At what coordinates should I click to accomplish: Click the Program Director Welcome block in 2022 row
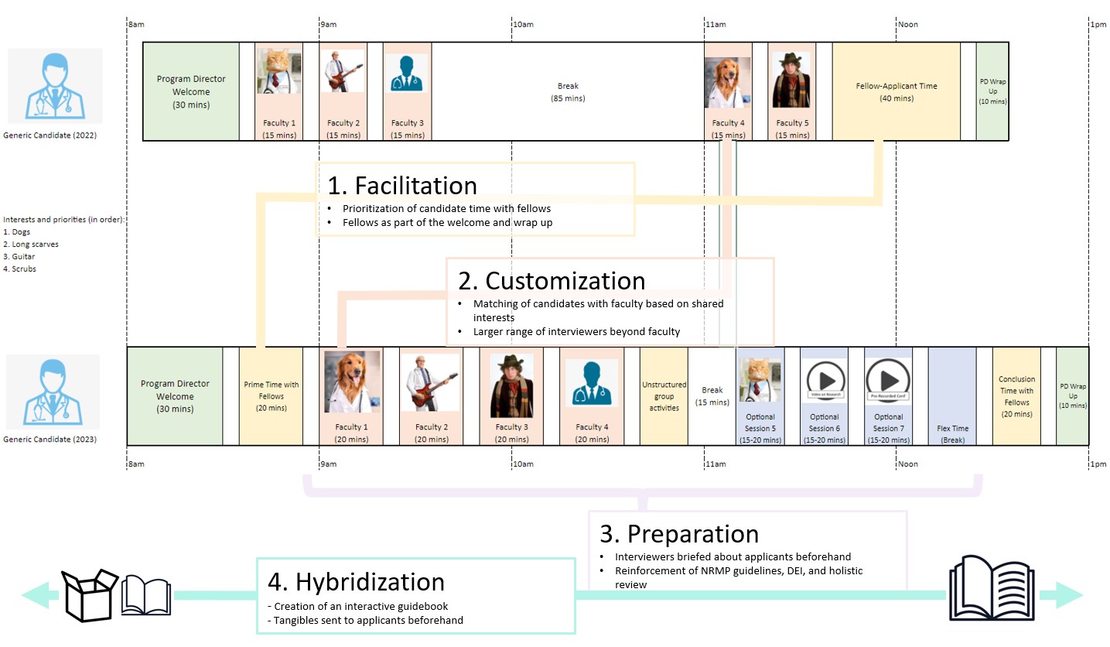(191, 91)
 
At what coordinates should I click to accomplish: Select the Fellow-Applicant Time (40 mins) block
(896, 91)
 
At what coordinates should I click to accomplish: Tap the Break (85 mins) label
(568, 92)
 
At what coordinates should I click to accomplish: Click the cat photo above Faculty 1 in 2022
(278, 71)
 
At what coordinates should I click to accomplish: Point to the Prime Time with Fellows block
(271, 396)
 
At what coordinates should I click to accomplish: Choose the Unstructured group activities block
(663, 396)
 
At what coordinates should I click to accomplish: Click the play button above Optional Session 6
(824, 379)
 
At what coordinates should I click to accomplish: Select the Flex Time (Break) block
(951, 396)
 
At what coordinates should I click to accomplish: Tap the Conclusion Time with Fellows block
(1016, 396)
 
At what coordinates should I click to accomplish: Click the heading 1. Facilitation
(402, 186)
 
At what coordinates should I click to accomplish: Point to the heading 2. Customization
(552, 280)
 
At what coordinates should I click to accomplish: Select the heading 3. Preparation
(679, 534)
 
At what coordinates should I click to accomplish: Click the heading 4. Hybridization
(356, 582)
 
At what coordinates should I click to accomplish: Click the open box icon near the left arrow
(90, 594)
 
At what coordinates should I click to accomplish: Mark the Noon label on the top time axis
(907, 25)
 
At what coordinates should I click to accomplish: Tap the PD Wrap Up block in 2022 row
(992, 91)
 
